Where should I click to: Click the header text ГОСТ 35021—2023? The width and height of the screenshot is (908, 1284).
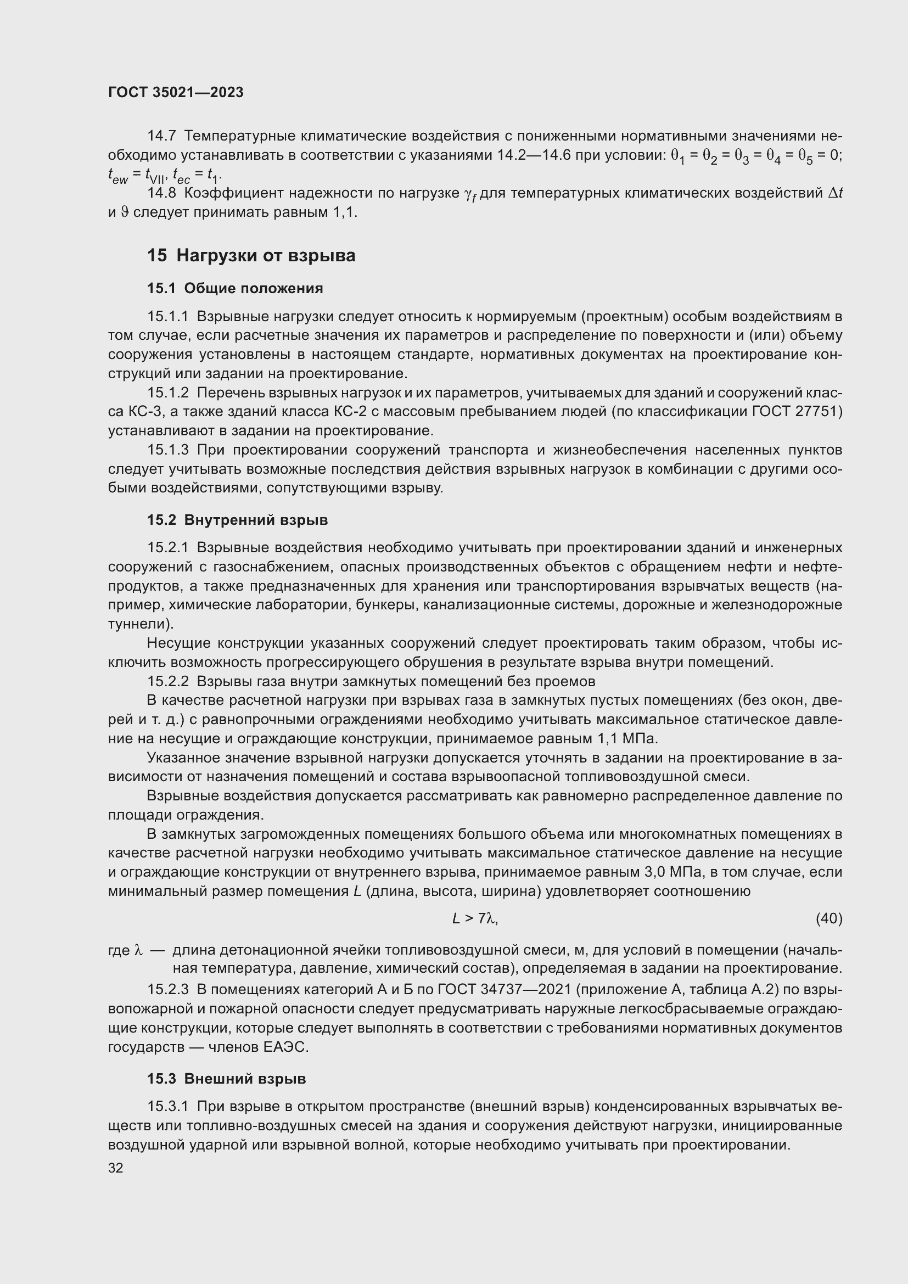coord(176,93)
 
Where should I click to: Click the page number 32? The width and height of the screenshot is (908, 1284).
coord(115,1168)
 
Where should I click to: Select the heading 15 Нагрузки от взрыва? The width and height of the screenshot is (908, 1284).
coord(251,256)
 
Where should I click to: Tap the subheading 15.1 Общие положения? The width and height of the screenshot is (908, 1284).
coord(235,289)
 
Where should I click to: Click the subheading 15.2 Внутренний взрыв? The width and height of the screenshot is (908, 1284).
coord(237,520)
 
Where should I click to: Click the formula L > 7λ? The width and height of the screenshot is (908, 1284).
coord(475,919)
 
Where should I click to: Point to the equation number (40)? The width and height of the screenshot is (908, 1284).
coord(828,919)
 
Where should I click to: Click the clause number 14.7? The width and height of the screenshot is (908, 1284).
coord(161,136)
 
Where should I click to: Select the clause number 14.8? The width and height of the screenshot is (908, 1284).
coord(161,193)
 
